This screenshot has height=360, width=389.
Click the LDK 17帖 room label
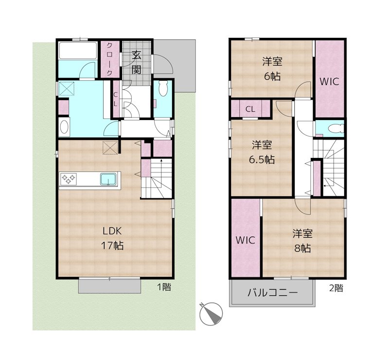[112, 238]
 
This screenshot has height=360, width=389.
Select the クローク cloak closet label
[110, 59]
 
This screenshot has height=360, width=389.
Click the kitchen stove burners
[68, 179]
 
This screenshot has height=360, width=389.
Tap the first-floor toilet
[163, 89]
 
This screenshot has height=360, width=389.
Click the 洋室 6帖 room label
[272, 69]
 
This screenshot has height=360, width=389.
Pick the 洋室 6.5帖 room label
[262, 152]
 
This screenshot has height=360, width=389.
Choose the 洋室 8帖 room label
[302, 240]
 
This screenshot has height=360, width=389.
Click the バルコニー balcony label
[272, 293]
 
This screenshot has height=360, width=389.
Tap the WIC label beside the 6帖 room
[329, 82]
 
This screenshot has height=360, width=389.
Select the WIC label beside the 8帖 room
[246, 240]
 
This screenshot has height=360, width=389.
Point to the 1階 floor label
[163, 287]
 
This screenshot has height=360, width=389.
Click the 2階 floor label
[336, 288]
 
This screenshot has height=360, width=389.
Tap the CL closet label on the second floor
[250, 109]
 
